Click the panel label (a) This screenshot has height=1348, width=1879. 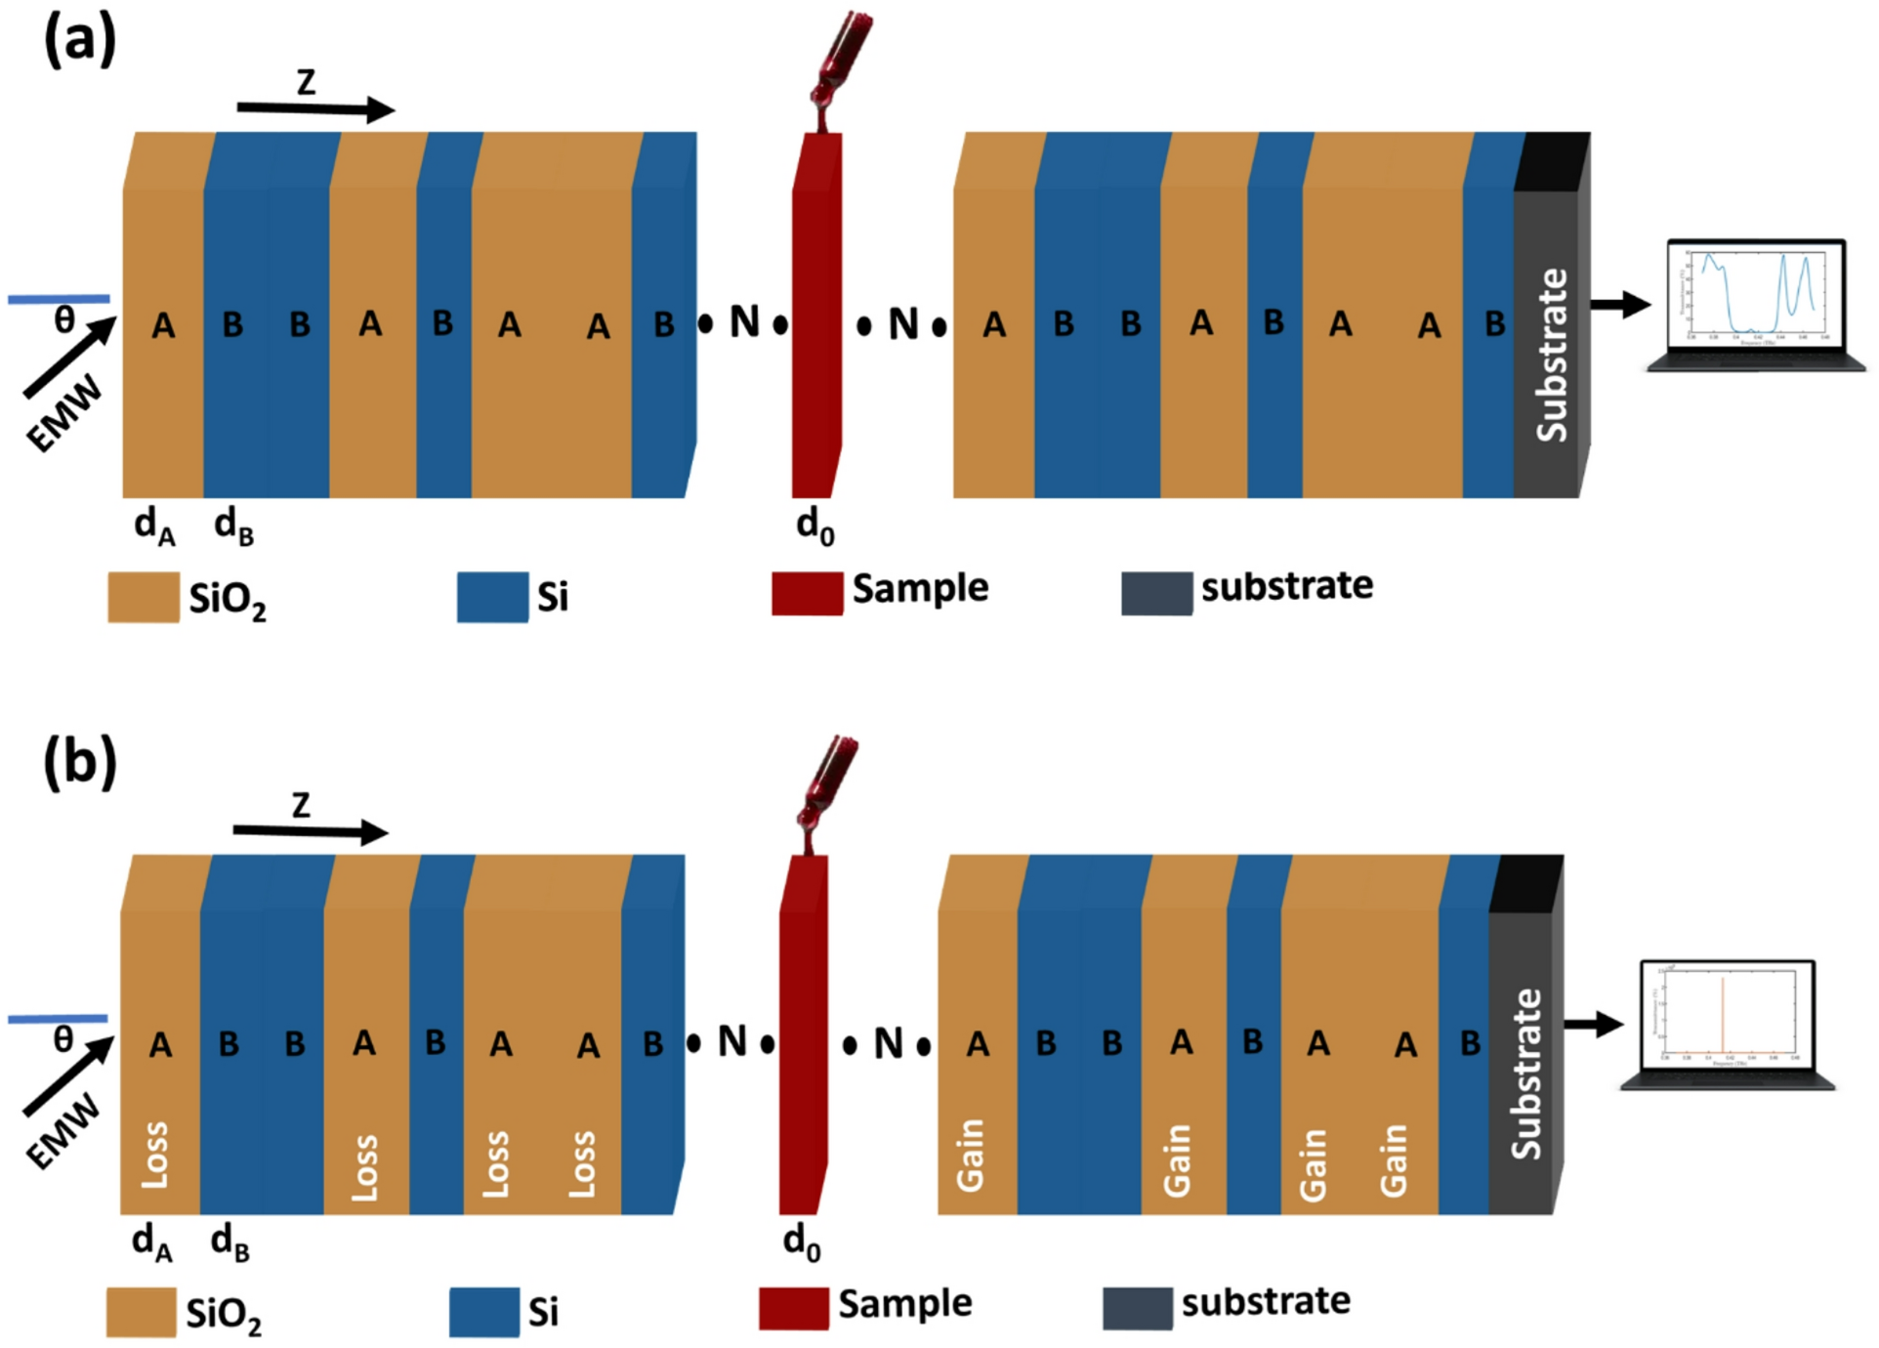click(x=80, y=41)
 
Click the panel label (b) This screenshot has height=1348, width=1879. click(x=80, y=763)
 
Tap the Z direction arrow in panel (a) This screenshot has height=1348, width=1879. click(x=315, y=108)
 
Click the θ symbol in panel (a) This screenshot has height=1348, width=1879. click(x=64, y=318)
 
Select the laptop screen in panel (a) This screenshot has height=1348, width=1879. click(x=1755, y=297)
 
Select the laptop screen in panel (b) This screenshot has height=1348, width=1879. click(x=1728, y=1016)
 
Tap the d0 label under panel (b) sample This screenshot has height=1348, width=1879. click(x=802, y=1243)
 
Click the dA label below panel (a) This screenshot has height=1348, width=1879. click(x=154, y=527)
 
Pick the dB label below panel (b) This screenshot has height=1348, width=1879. click(x=230, y=1243)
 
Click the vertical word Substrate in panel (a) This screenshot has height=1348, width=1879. click(x=1551, y=356)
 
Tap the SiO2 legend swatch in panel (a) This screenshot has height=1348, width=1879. click(x=144, y=597)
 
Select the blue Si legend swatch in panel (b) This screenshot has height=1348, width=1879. click(x=484, y=1312)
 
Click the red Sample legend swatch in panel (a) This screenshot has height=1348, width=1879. click(x=807, y=593)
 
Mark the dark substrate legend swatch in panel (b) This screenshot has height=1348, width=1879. click(x=1138, y=1308)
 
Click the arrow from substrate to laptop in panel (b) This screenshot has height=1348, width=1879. click(x=1593, y=1024)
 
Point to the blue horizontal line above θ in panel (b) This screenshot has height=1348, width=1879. click(x=58, y=1019)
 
